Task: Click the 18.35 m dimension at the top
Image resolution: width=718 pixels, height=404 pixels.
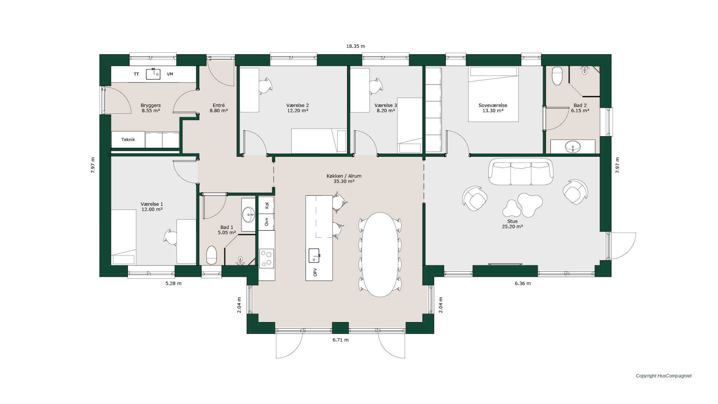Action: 355,46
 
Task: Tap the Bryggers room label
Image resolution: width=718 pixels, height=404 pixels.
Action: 151,105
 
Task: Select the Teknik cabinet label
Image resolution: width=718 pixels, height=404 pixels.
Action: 128,140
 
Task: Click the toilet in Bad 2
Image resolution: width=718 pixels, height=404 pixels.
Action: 557,76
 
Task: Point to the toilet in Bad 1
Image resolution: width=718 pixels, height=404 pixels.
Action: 212,255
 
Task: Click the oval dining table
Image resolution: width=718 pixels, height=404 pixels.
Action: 380,255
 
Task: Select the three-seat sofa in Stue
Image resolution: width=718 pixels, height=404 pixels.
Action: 521,172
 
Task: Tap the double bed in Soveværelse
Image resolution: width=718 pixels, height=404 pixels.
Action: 493,94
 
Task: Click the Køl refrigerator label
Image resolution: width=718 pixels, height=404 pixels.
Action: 267,205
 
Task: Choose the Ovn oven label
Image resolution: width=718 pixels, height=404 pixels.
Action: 267,222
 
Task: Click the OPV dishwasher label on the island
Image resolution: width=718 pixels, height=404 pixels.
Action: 315,272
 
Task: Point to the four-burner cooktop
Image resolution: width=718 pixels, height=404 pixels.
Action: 267,258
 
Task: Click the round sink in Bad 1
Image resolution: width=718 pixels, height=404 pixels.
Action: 248,215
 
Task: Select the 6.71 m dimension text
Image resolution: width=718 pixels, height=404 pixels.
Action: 340,340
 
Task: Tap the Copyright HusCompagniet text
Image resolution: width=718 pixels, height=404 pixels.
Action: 663,376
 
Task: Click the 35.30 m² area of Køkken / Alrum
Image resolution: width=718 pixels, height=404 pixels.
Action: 344,181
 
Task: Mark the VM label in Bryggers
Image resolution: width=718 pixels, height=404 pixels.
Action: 170,74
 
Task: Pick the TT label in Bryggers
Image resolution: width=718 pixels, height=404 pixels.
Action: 136,74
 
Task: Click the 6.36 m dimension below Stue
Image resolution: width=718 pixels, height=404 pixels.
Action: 522,284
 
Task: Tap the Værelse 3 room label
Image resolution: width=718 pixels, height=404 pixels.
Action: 386,105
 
